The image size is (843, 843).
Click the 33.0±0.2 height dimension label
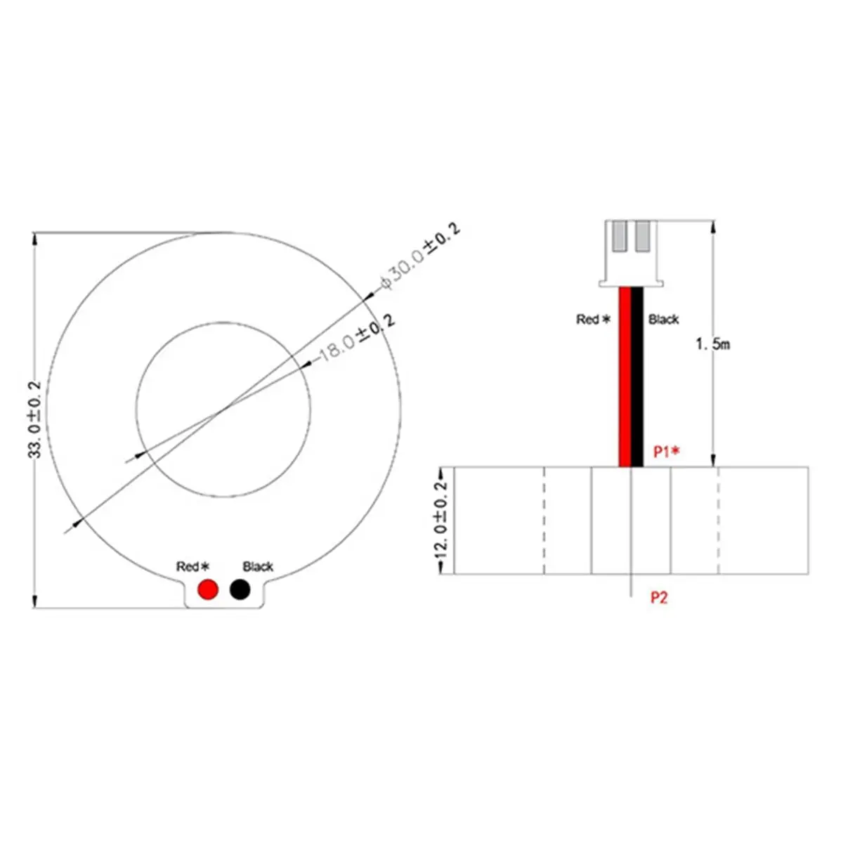tap(34, 420)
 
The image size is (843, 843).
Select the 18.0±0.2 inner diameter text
tap(358, 339)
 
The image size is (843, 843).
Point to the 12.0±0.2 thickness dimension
tap(441, 520)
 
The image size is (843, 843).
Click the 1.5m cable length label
tap(713, 344)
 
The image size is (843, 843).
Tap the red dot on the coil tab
tap(208, 589)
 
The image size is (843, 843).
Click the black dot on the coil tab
tap(240, 589)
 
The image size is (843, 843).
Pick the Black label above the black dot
tap(258, 566)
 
